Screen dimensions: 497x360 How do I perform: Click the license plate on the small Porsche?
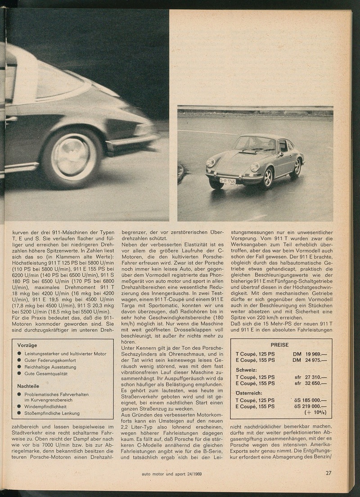[x=228, y=181]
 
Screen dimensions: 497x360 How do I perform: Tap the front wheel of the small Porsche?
[x=268, y=177]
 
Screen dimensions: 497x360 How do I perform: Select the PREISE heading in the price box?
[x=280, y=345]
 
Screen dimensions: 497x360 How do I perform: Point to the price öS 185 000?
[x=310, y=400]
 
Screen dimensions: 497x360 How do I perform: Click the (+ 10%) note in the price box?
[x=315, y=412]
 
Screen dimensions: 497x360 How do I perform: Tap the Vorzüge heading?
[x=27, y=345]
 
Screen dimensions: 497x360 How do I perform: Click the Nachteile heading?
[x=28, y=386]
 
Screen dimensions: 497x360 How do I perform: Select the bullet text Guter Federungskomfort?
[x=50, y=361]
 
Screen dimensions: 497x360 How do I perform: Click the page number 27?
[x=329, y=473]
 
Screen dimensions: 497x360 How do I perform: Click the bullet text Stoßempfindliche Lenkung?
[x=52, y=413]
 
